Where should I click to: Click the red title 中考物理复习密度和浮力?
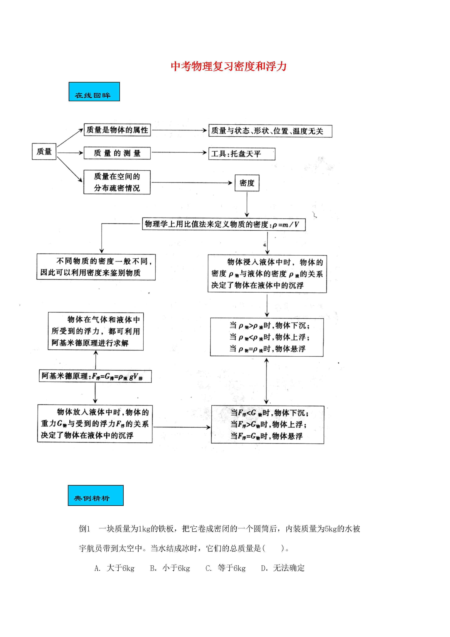pos(229,66)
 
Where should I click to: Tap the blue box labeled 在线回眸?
pos(94,92)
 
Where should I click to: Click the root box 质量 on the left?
pos(44,151)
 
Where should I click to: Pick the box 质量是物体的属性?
pos(117,130)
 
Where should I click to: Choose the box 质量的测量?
pos(117,153)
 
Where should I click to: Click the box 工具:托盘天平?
pos(242,154)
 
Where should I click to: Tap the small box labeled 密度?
pos(247,183)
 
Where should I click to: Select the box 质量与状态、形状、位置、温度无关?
pos(270,131)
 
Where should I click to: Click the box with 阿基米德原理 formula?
pos(95,376)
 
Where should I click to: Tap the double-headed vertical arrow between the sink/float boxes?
pos(266,381)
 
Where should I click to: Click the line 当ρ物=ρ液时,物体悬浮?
pos(267,349)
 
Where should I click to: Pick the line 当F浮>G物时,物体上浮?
pos(268,424)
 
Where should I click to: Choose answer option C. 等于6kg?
pos(225,568)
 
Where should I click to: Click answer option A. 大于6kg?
pos(114,568)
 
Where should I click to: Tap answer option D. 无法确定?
pos(283,568)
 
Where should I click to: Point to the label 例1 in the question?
pos(85,529)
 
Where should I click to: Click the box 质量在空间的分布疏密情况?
pos(117,182)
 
